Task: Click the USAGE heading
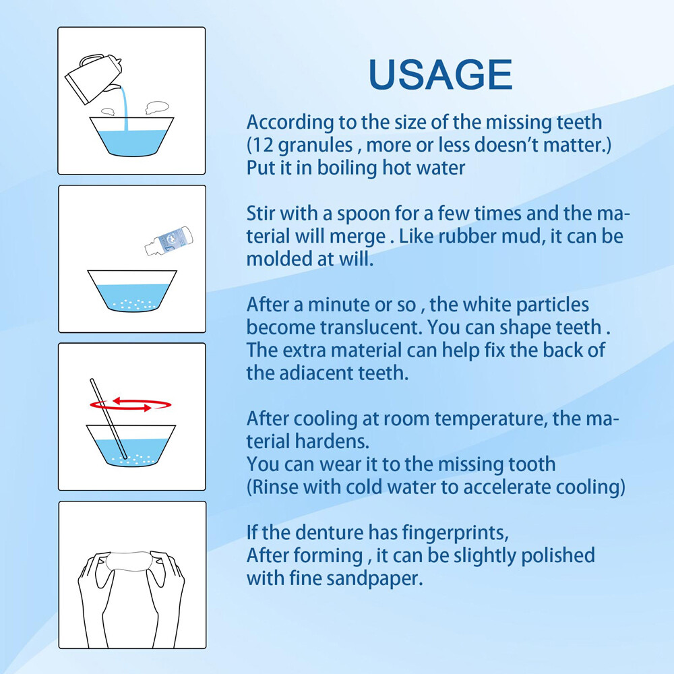441,75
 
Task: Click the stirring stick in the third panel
108,418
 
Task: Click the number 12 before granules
263,146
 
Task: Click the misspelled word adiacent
307,373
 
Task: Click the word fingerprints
446,533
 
